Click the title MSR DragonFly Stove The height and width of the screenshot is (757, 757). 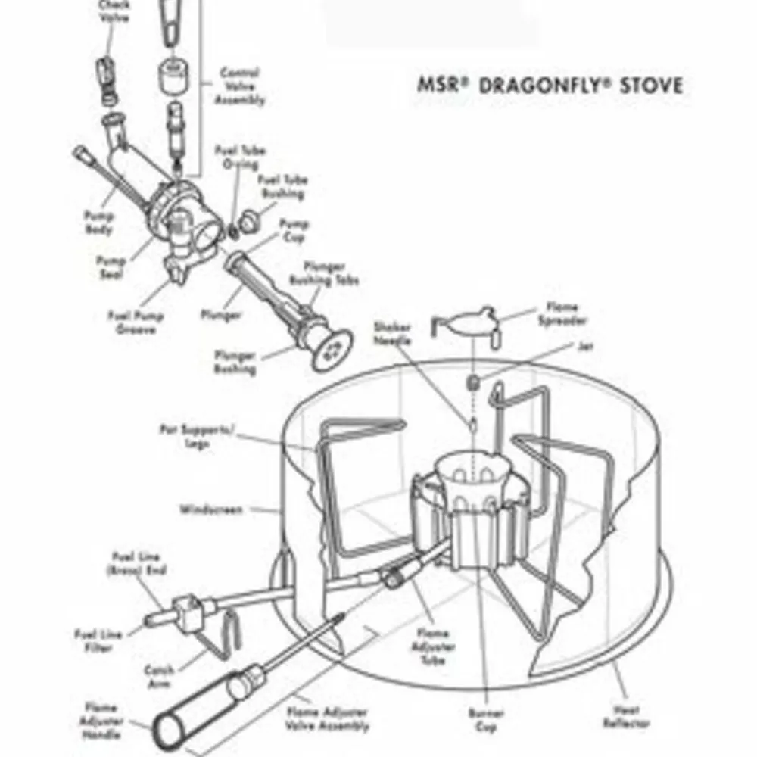550,85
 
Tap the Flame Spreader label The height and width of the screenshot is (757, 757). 562,314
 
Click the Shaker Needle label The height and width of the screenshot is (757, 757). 392,334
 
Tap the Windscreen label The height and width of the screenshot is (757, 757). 211,509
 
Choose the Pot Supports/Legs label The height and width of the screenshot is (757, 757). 197,437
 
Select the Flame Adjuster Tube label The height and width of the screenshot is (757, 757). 434,646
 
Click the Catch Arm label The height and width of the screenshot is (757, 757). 159,676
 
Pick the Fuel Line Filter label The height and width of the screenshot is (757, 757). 95,640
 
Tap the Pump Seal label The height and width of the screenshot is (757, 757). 111,267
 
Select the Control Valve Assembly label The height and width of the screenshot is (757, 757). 240,86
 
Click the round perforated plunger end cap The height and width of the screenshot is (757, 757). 332,349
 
